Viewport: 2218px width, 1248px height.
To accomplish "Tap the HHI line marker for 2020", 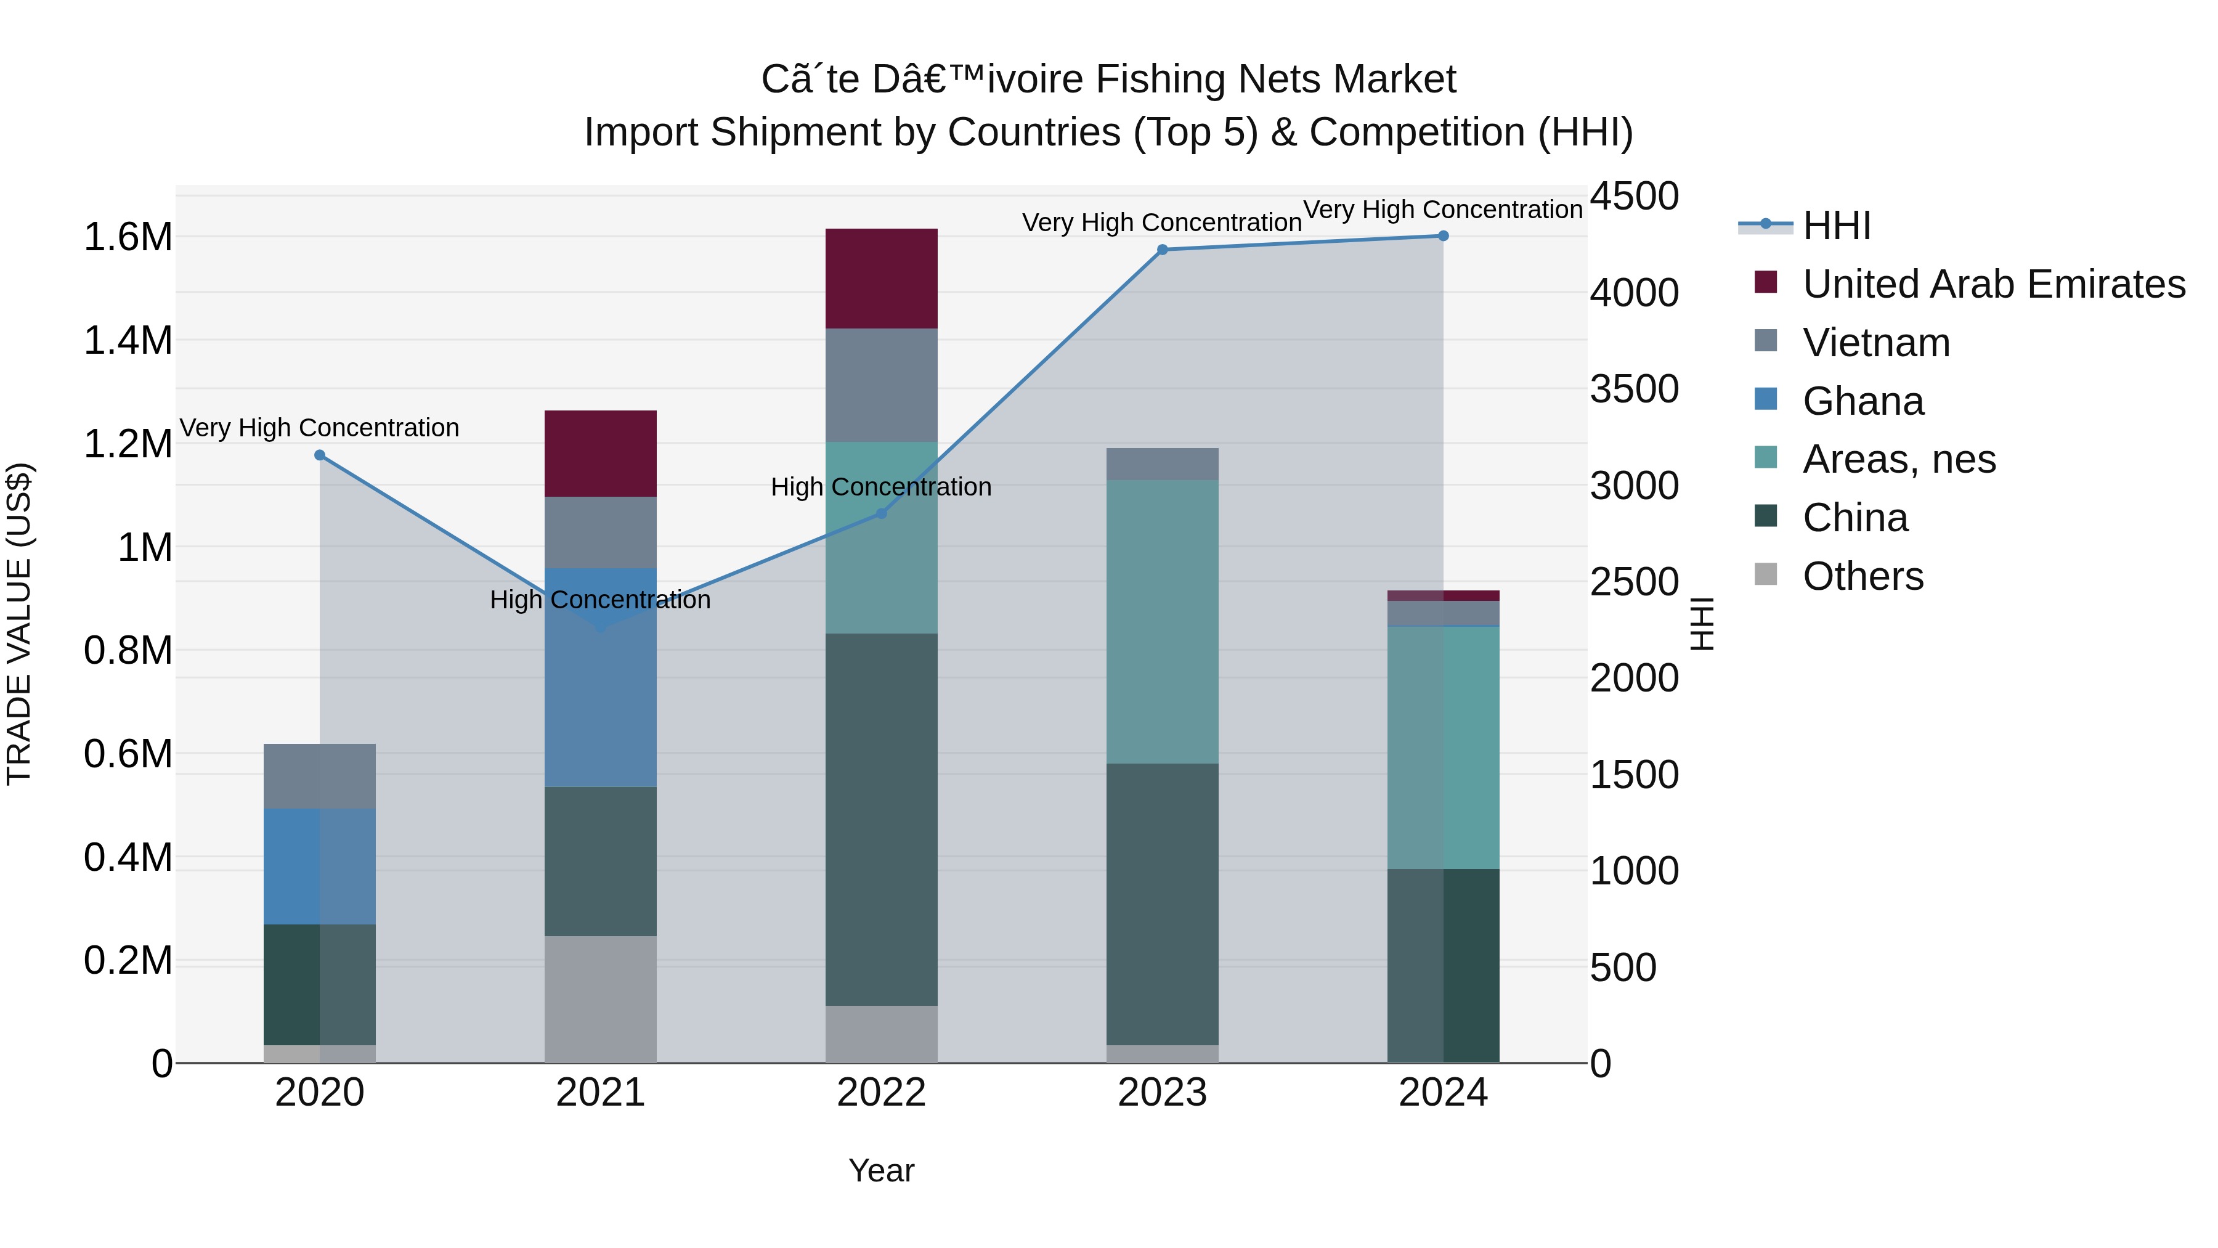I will click(x=319, y=455).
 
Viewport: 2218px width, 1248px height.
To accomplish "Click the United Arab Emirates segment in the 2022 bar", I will click(x=881, y=278).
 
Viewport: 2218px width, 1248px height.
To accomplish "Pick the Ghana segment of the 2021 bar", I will click(x=600, y=677).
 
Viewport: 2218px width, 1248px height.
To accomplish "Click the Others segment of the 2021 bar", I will click(x=600, y=999).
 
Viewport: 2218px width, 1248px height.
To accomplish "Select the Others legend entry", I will click(x=1863, y=576).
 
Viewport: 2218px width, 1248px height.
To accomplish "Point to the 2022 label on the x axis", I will click(x=881, y=1093).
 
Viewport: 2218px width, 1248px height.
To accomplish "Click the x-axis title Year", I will click(x=881, y=1170).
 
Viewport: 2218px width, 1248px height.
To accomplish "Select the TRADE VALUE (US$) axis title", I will click(x=19, y=624).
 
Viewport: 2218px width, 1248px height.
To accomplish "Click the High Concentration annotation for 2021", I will click(x=600, y=600).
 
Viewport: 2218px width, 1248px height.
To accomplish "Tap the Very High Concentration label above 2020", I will click(x=319, y=428).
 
